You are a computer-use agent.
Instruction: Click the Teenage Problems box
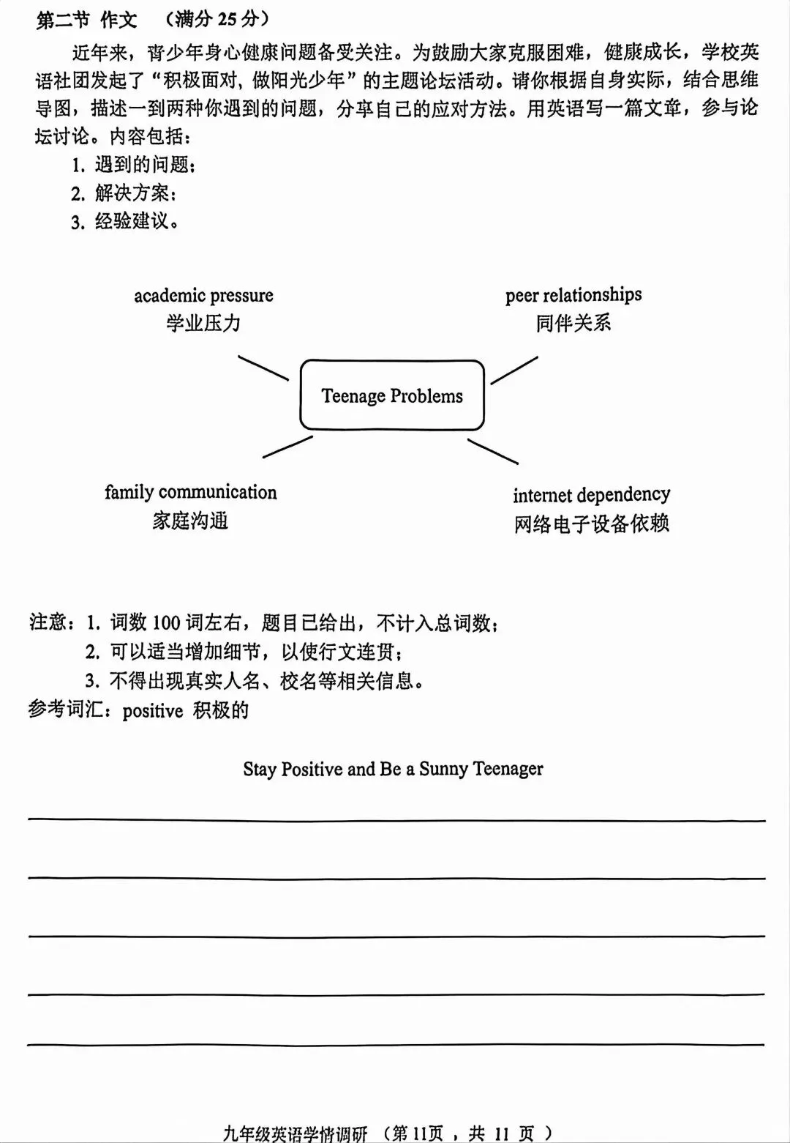tap(392, 395)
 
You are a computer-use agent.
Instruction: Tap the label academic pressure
tap(203, 296)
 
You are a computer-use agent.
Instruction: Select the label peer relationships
tap(573, 295)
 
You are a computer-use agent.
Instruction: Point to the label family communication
tap(190, 492)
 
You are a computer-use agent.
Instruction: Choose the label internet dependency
tap(591, 495)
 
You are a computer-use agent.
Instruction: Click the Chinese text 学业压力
tap(203, 323)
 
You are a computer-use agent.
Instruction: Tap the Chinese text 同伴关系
tap(573, 323)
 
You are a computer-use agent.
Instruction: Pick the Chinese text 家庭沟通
tap(190, 521)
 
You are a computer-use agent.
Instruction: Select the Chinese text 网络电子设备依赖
tap(591, 524)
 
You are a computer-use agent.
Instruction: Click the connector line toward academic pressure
tap(263, 368)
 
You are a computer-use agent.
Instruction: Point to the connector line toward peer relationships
tap(514, 371)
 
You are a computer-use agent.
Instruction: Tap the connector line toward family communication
tap(287, 447)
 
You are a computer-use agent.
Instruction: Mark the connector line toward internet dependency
tap(493, 452)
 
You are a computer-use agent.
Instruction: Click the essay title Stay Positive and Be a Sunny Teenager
tap(393, 769)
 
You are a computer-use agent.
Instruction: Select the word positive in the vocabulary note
tap(152, 711)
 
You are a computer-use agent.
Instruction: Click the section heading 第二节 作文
tap(86, 20)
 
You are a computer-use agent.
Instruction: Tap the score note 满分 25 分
tap(217, 19)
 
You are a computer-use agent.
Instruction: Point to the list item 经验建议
tap(135, 221)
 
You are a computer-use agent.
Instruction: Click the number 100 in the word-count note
tap(166, 623)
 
